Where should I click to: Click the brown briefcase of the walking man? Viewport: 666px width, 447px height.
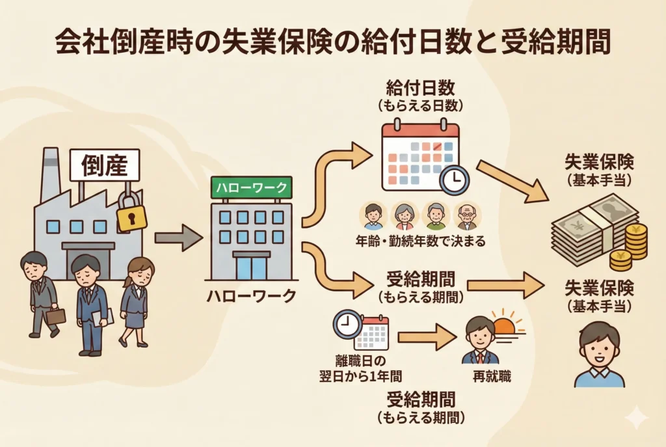coord(56,316)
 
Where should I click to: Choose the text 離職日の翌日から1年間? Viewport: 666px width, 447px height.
coord(363,369)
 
